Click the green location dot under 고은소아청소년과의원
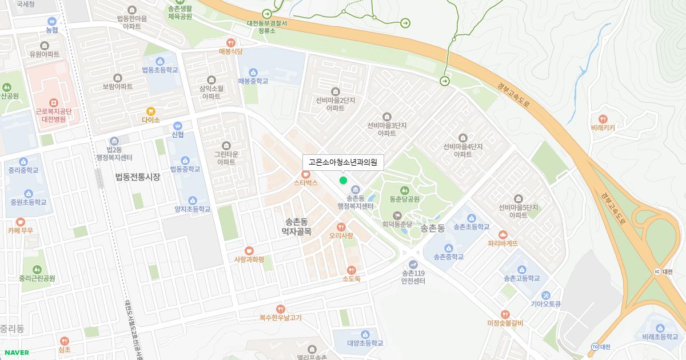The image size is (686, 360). click(343, 181)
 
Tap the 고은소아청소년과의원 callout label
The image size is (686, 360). click(343, 162)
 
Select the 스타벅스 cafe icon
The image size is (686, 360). click(306, 174)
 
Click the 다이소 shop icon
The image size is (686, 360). click(151, 111)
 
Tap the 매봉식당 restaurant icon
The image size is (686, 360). click(231, 42)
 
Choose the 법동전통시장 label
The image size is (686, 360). click(137, 177)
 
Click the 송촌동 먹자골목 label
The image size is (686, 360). click(296, 226)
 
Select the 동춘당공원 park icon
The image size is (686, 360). click(405, 190)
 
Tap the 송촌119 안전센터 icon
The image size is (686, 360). click(413, 265)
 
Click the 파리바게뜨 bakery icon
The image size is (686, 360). click(503, 234)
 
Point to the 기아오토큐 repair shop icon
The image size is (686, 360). click(545, 295)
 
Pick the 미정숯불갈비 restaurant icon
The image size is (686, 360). click(505, 314)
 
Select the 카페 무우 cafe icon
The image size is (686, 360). click(21, 222)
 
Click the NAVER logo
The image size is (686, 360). click(16, 353)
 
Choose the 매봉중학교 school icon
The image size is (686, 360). click(253, 72)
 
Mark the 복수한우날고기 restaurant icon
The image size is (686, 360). click(280, 309)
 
